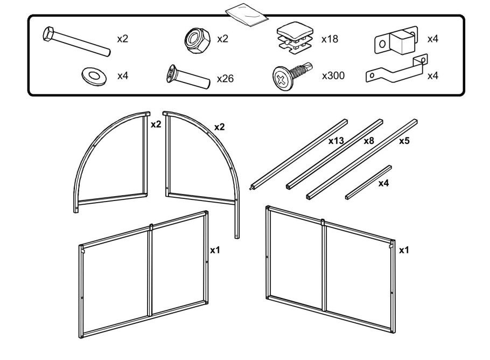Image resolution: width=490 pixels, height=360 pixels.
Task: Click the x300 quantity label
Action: coord(333,76)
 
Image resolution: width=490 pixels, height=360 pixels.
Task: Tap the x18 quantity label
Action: coord(330,39)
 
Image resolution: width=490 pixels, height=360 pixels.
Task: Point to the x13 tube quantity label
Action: coord(337,141)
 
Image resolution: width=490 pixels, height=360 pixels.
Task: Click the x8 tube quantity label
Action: coord(369,141)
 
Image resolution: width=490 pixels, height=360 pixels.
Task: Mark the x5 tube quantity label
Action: coord(404,141)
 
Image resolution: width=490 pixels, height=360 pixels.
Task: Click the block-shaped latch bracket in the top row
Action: coord(396,40)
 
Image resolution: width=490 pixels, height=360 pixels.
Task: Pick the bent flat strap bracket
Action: coord(396,70)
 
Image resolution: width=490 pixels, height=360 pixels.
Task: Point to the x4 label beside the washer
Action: coord(123,75)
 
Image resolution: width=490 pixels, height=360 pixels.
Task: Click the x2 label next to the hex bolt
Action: coord(123,39)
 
